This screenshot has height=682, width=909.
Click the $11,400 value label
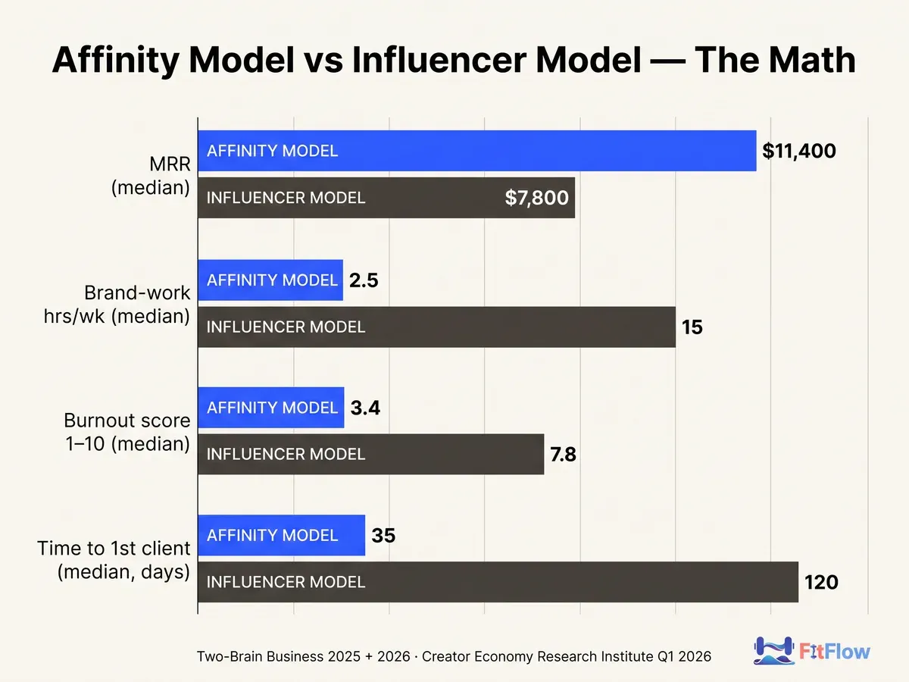[x=799, y=151]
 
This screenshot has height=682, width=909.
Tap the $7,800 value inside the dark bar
[x=536, y=198]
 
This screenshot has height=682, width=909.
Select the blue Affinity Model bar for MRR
[x=477, y=151]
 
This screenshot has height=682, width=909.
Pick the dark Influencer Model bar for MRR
[x=386, y=198]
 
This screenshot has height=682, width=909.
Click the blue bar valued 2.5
[x=270, y=280]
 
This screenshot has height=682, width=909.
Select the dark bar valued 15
[x=436, y=327]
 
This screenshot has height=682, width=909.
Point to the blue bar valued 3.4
[x=271, y=408]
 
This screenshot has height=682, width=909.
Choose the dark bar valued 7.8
[x=371, y=454]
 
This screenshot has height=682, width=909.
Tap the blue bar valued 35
[x=282, y=535]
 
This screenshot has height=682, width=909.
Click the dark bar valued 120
[x=498, y=582]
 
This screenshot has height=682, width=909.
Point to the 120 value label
[x=821, y=582]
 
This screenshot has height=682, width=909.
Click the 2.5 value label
[x=364, y=280]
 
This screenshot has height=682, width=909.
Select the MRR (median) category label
[x=151, y=176]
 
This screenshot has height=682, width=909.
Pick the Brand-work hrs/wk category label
[x=117, y=305]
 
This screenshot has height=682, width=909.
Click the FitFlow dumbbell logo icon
[x=773, y=650]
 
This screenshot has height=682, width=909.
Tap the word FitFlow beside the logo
[x=835, y=652]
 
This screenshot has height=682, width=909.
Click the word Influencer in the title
[x=439, y=60]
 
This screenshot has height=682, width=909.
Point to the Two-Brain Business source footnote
[x=454, y=656]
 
